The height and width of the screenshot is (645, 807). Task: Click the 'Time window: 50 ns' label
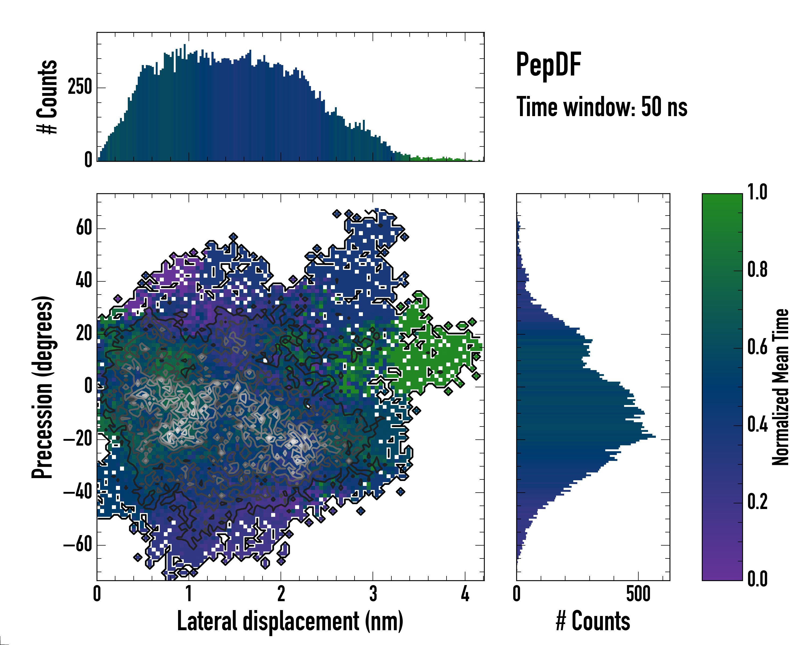coord(601,107)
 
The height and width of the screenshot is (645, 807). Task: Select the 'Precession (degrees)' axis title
coord(42,387)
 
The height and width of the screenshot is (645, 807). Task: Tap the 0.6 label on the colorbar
coord(757,347)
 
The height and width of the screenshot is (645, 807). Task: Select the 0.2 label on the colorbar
coord(757,502)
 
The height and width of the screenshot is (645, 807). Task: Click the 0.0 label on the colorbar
coord(757,579)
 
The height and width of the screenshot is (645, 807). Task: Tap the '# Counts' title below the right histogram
coord(593,621)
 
